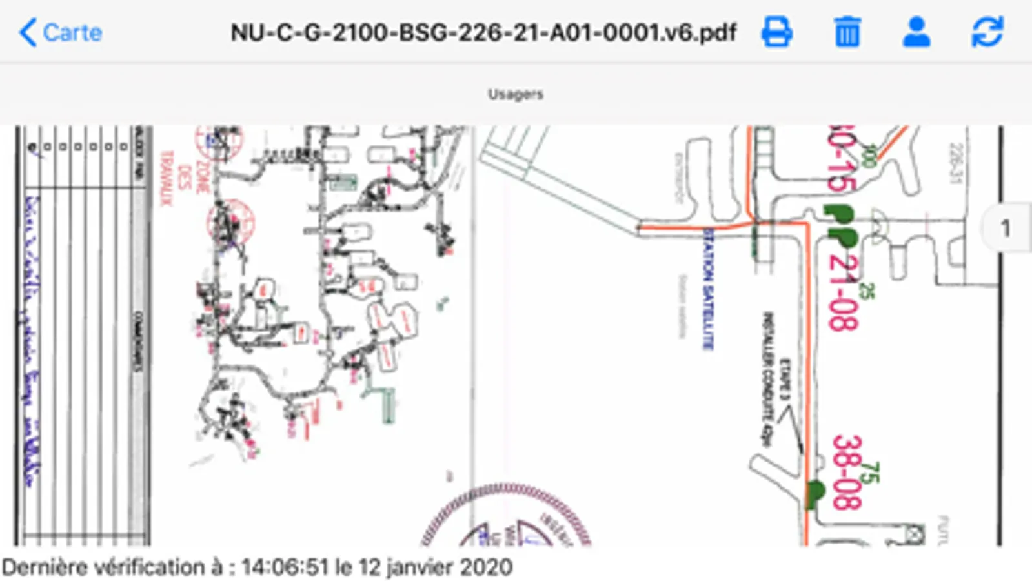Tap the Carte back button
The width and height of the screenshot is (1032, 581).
pos(61,32)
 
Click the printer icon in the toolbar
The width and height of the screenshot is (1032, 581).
pos(776,32)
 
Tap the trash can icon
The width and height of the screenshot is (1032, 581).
pos(847,32)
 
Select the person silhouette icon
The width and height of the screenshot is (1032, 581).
pos(916,32)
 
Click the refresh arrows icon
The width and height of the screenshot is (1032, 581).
pos(987,32)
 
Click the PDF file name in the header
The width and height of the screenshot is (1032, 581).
pos(483,32)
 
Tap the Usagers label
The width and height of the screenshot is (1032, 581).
pos(515,94)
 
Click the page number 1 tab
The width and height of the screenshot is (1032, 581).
pos(1005,228)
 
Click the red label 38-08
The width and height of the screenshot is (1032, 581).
pos(847,471)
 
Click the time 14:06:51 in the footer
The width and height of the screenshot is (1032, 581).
pos(285,567)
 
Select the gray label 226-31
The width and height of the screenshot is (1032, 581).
pos(955,163)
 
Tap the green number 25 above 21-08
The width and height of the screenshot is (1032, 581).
pos(867,291)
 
